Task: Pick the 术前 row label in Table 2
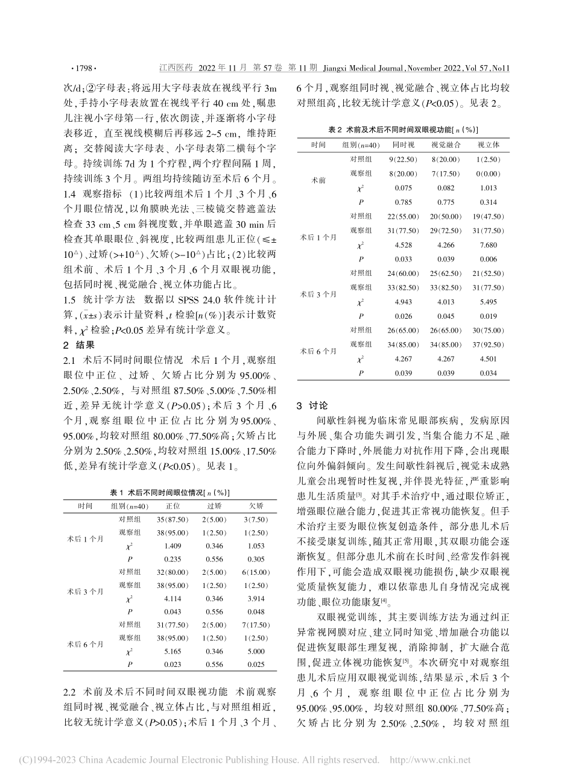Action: pos(318,180)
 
